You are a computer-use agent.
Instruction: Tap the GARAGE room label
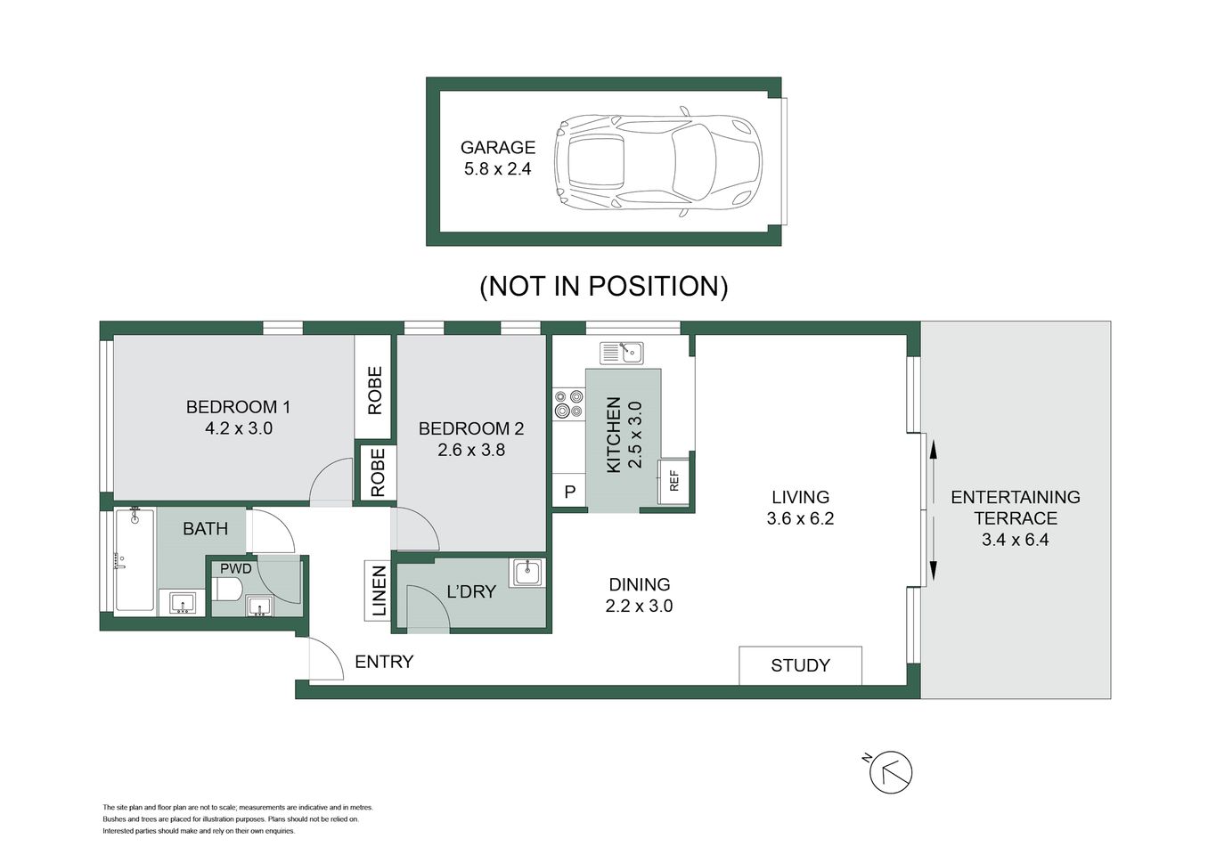point(497,148)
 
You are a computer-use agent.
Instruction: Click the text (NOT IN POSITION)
point(604,286)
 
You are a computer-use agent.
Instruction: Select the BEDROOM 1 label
point(238,407)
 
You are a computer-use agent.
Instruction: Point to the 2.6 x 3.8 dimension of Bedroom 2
point(471,450)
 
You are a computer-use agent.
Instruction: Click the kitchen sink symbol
point(622,353)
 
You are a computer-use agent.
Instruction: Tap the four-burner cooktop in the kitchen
point(567,403)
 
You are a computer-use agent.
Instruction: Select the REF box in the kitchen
point(673,481)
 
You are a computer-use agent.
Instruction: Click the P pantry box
point(569,492)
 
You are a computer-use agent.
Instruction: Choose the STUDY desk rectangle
point(800,665)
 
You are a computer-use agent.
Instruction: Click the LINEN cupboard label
point(379,590)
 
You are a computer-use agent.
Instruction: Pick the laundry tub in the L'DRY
point(526,572)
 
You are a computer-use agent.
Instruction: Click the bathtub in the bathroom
point(134,560)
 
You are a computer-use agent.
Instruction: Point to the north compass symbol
point(891,772)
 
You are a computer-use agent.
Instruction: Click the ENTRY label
point(384,662)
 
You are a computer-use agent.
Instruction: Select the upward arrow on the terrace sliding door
point(934,452)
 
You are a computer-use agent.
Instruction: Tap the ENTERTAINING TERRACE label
point(1015,508)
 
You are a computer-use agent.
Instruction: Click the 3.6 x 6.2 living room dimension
point(800,518)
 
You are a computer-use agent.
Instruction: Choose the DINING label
point(639,585)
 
